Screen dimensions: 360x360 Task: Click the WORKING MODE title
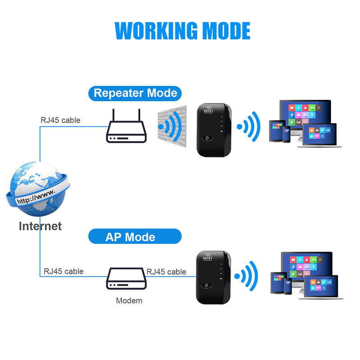182,31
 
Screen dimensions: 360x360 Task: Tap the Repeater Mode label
135,94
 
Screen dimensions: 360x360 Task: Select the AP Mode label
135,236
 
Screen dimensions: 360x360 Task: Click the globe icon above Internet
38,189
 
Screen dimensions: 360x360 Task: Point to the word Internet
40,226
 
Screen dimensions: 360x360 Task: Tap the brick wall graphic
172,126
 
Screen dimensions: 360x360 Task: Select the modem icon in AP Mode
126,278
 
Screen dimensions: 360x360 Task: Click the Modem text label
129,301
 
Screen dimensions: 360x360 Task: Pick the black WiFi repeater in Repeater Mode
214,130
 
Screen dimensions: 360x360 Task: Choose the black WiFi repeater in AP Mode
213,278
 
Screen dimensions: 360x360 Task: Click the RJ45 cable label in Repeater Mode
60,120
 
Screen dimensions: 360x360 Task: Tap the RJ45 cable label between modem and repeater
166,272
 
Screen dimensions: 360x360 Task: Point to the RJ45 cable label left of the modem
63,271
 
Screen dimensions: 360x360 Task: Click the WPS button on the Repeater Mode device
207,138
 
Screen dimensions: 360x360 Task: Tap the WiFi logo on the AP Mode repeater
207,257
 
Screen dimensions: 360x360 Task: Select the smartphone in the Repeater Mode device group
286,134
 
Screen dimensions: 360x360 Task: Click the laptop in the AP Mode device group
321,287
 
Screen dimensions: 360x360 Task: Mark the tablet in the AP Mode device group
278,283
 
